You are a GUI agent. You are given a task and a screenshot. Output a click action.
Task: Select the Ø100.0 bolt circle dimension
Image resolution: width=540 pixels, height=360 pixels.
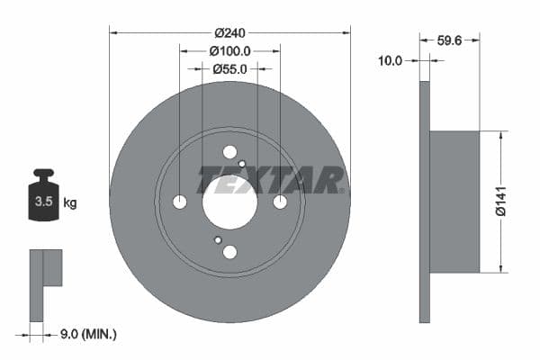click(229, 51)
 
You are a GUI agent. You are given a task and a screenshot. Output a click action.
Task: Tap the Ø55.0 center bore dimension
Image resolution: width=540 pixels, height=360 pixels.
click(229, 68)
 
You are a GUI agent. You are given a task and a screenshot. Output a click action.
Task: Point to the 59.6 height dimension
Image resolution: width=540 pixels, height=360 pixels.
click(449, 40)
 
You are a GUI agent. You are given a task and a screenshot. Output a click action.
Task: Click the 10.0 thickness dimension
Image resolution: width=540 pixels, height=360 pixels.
click(390, 60)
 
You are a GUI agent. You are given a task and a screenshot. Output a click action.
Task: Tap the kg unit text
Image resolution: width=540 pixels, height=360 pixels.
click(70, 203)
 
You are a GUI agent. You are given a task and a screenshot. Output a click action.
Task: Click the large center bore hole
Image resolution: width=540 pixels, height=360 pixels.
click(229, 202)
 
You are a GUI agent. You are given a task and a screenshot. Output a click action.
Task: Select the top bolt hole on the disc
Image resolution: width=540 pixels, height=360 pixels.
click(229, 152)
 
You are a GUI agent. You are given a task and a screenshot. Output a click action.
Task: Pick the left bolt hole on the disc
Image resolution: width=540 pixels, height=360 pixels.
click(179, 202)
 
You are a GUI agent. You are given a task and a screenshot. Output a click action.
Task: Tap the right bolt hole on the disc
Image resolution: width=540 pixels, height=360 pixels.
click(280, 202)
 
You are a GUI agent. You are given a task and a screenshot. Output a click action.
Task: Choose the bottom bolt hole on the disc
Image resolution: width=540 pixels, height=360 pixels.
click(229, 252)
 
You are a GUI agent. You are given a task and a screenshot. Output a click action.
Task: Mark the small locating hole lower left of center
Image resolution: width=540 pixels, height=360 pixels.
click(218, 240)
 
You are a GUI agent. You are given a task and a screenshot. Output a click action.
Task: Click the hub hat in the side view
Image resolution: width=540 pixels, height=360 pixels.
click(454, 202)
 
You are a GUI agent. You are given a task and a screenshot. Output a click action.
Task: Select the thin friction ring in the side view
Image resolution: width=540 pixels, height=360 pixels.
click(425, 202)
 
